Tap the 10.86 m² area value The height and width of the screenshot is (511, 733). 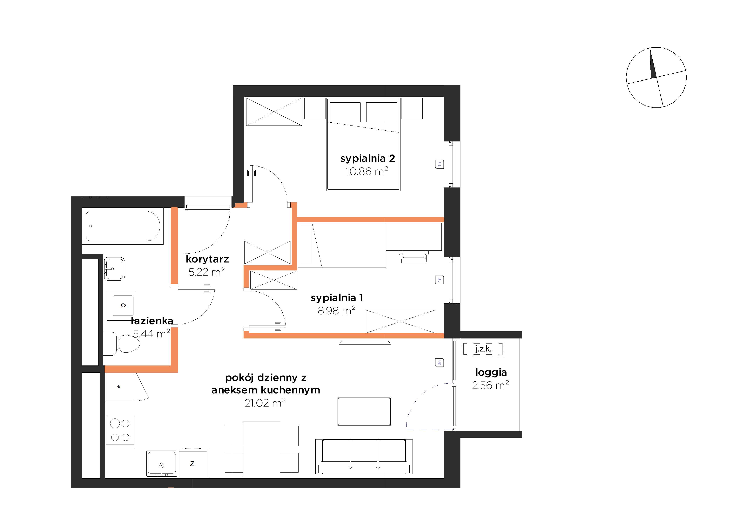click(x=367, y=172)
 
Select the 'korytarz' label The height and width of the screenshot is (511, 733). click(x=207, y=259)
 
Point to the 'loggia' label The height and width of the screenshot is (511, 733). click(x=491, y=372)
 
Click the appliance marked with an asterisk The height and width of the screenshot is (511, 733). click(x=119, y=387)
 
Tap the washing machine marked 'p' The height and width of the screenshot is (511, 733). click(x=122, y=306)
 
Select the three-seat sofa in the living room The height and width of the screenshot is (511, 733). click(x=364, y=456)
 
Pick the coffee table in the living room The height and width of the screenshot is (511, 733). click(x=364, y=411)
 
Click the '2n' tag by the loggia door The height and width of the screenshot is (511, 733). click(x=439, y=363)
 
